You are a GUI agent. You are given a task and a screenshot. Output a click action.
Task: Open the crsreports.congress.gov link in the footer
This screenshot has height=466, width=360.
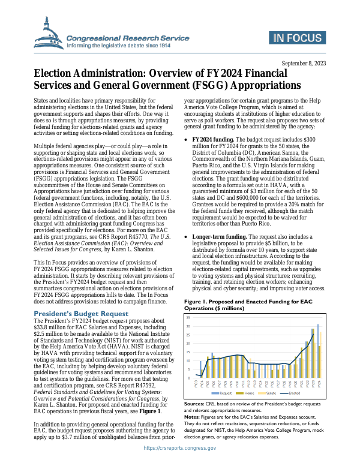(x=179, y=458)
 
